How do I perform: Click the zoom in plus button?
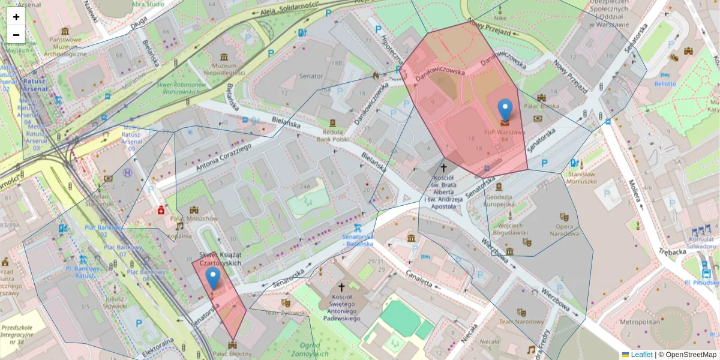coord(16,17)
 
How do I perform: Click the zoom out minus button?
coord(16,35)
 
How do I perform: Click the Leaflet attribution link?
coord(641,355)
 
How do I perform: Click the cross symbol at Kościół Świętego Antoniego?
coord(342,288)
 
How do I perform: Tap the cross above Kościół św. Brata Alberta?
coord(444,169)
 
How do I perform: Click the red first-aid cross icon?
coord(161,210)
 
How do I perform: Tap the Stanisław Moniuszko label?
coord(581,177)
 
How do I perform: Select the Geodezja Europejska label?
coord(498,200)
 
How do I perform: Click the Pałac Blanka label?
coord(542,106)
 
